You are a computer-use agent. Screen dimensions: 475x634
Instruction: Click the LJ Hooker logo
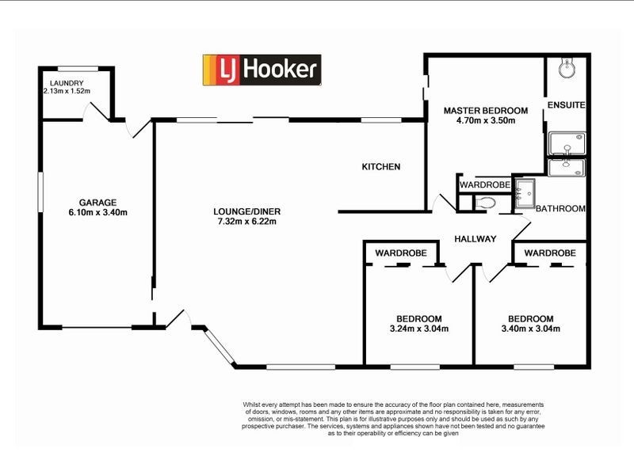tap(262, 70)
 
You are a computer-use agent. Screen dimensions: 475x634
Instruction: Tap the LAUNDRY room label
tap(67, 83)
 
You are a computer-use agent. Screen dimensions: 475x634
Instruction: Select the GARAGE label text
tap(97, 202)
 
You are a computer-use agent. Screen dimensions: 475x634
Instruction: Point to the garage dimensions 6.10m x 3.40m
tap(97, 212)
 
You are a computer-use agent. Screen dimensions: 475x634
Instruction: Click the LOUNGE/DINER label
tap(247, 211)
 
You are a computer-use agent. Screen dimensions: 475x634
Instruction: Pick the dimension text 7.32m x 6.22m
tap(247, 222)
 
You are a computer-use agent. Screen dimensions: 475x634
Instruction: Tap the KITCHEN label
tap(381, 167)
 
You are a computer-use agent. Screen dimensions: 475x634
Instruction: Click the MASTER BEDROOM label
tap(485, 110)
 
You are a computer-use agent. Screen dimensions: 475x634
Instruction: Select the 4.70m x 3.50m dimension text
tap(485, 121)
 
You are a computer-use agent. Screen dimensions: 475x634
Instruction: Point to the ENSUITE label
tap(566, 104)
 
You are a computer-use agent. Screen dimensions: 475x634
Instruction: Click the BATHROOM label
tap(560, 209)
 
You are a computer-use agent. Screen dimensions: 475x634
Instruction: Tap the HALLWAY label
tap(475, 239)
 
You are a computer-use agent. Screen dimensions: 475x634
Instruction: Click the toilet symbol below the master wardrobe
tap(486, 203)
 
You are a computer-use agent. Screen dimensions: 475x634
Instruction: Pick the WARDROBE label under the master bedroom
tap(485, 184)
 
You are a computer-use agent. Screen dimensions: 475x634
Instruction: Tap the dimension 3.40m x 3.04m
tap(531, 329)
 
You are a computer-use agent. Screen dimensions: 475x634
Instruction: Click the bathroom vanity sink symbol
tap(524, 192)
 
